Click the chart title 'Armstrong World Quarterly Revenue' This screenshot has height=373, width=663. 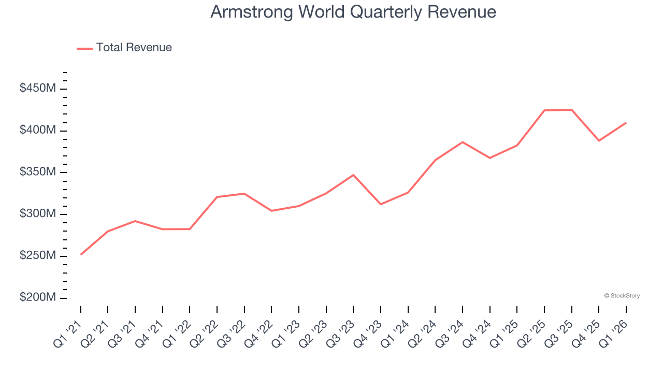click(353, 12)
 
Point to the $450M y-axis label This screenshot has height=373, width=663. click(37, 89)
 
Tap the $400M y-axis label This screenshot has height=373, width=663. click(37, 130)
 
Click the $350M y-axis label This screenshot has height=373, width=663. click(37, 172)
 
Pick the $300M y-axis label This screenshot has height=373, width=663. click(37, 214)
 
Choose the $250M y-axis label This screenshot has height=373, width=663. click(37, 256)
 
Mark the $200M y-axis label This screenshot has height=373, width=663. click(37, 298)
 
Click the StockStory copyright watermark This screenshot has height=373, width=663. click(622, 296)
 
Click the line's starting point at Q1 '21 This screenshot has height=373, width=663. click(81, 254)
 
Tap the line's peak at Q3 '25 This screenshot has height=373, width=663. click(571, 110)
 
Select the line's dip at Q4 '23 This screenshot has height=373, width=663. click(381, 204)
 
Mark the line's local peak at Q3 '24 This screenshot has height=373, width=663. click(463, 142)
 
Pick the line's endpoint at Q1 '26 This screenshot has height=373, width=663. click(626, 123)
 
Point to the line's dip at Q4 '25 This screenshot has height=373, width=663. click(599, 140)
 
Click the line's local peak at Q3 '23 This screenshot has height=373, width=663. click(353, 175)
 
